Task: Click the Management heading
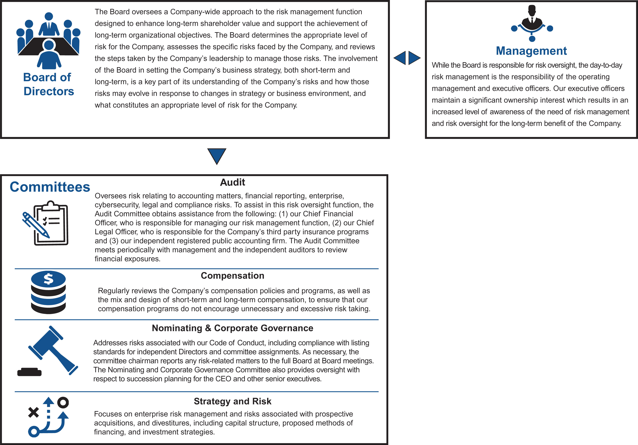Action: click(x=531, y=51)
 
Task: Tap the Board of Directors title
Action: click(x=48, y=84)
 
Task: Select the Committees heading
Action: click(x=50, y=187)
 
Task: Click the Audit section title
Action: click(x=232, y=182)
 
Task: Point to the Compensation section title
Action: click(x=232, y=275)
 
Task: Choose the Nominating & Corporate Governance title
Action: click(x=232, y=328)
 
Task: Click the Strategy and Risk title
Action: click(x=232, y=401)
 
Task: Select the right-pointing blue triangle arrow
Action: click(x=414, y=58)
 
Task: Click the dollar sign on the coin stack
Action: click(x=48, y=279)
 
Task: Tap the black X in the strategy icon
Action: click(x=33, y=412)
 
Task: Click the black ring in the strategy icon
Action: click(x=63, y=402)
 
